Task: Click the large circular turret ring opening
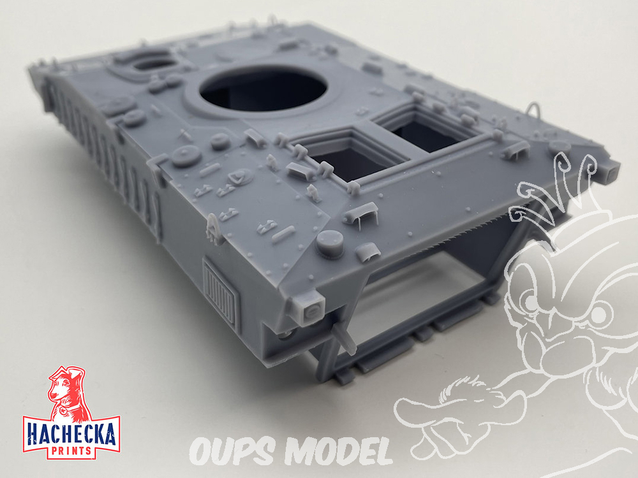coord(263,89)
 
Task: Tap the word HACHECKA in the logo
coord(71,435)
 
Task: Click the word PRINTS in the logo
coord(72,451)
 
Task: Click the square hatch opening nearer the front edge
coord(353,157)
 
